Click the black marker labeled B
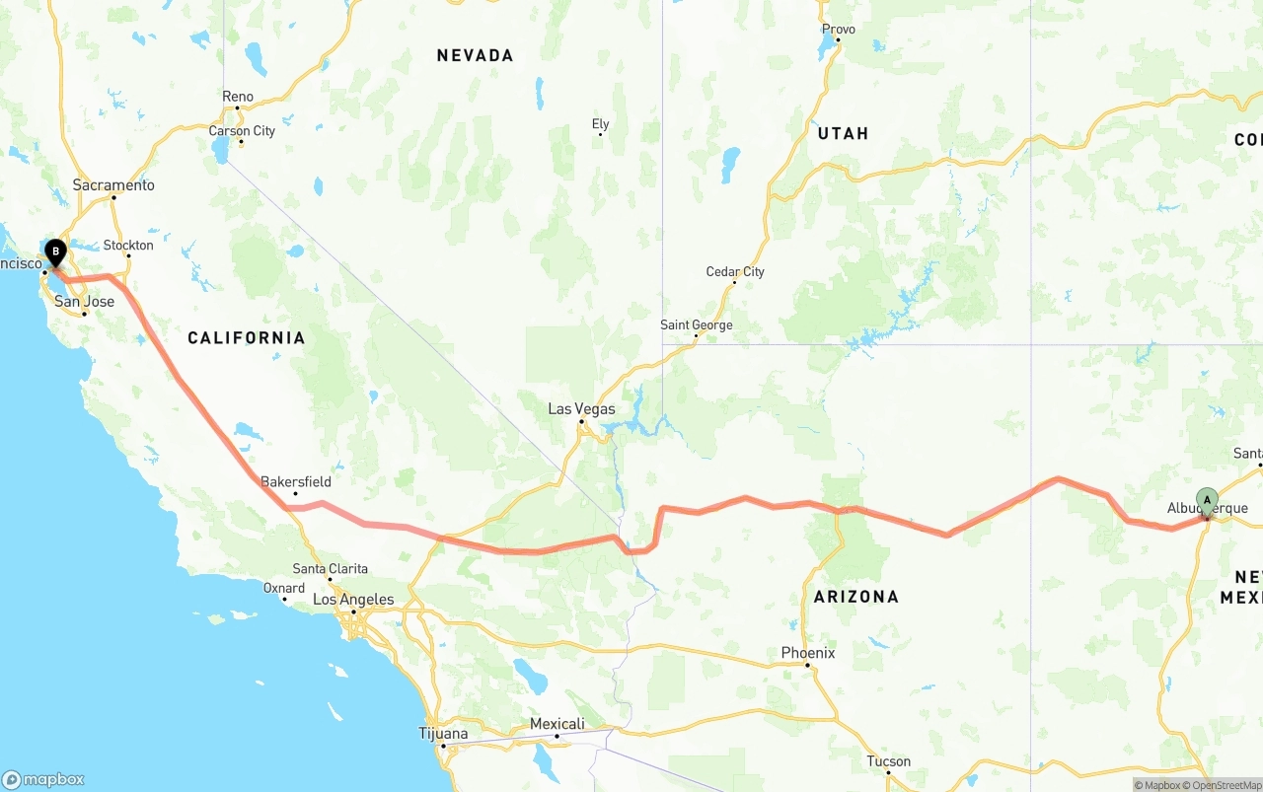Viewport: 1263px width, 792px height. click(56, 252)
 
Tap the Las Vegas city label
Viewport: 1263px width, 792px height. click(582, 409)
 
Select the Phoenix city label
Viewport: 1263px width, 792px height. click(808, 653)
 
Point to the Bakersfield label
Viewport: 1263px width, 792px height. click(296, 482)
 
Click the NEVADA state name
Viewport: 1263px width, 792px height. click(475, 56)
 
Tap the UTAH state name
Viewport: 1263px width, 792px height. click(843, 134)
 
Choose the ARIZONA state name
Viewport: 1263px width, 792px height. click(855, 597)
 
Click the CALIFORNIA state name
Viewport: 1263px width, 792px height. click(247, 338)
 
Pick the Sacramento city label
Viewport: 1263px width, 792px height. click(113, 185)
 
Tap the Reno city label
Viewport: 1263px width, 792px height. click(238, 97)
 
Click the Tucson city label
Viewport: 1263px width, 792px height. click(889, 761)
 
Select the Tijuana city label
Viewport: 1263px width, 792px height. click(443, 734)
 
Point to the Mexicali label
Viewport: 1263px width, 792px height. click(557, 724)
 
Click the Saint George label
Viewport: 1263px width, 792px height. click(697, 325)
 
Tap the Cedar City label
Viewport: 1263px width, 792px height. click(735, 272)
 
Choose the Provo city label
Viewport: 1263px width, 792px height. click(839, 30)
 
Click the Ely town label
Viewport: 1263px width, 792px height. click(600, 124)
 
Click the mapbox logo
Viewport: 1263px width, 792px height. click(43, 779)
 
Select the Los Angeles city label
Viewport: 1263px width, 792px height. click(353, 600)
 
